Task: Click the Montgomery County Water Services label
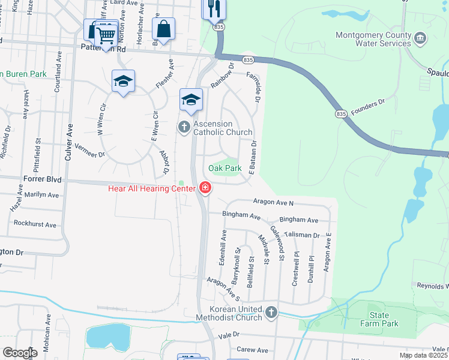click(x=373, y=39)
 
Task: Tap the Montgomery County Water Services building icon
click(x=420, y=40)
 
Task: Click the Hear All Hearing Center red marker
click(x=205, y=188)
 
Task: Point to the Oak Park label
click(x=224, y=169)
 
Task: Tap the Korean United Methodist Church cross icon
click(x=271, y=312)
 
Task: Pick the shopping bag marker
click(x=163, y=28)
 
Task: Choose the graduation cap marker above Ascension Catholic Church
click(x=191, y=100)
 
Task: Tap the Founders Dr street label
click(x=367, y=107)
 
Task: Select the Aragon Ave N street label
click(x=273, y=202)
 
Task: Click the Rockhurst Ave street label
click(x=34, y=224)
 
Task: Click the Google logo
click(x=20, y=353)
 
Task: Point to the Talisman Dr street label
click(x=303, y=235)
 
